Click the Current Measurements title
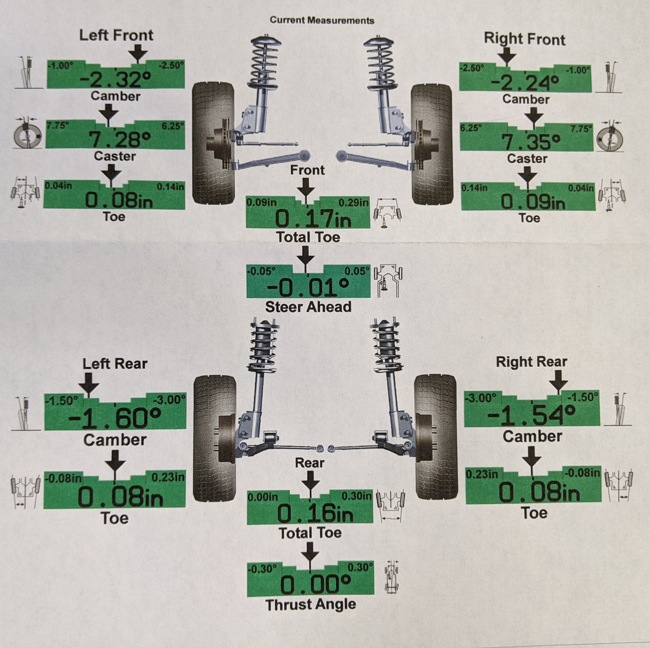coord(322,20)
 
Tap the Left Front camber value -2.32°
coord(116,79)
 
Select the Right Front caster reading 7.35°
coord(531,142)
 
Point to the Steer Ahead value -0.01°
coord(308,288)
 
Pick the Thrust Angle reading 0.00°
coord(316,585)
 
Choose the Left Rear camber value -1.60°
coord(115,418)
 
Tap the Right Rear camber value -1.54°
coord(531,415)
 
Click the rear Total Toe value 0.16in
coord(315,514)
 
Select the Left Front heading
coord(116,35)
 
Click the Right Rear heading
coord(531,362)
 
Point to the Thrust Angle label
coord(311,605)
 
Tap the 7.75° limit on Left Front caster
coord(57,126)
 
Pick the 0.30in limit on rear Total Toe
coord(356,496)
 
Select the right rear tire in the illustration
coord(436,437)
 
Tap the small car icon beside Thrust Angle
coord(392,576)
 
